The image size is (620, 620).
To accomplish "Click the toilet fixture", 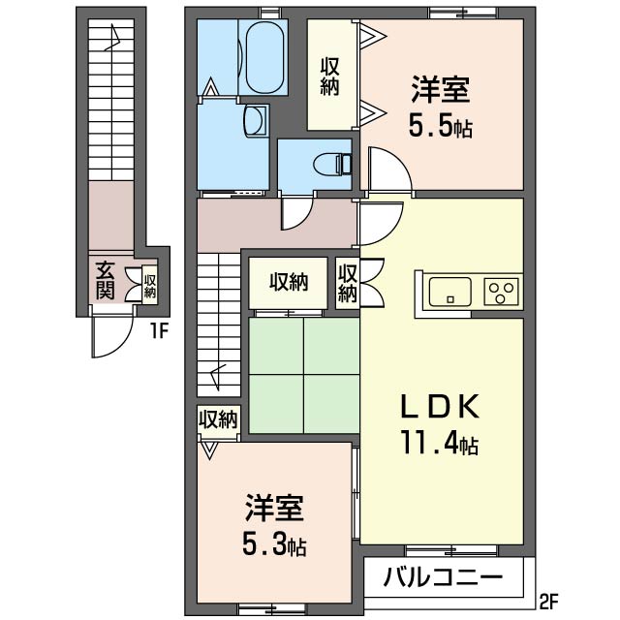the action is [x=332, y=164].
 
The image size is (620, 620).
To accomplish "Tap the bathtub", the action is [x=265, y=56].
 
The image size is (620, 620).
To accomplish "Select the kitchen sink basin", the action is [x=449, y=292].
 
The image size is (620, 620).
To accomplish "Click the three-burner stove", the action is [x=501, y=292].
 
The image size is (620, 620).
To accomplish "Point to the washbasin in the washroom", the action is [x=256, y=120].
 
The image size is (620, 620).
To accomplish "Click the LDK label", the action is [x=441, y=406].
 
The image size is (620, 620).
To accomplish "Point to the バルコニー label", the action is [x=444, y=577].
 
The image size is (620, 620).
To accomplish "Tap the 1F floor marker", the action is [x=159, y=331].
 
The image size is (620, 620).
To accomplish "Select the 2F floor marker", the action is [x=548, y=604].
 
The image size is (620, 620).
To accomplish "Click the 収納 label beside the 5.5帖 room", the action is [x=329, y=77].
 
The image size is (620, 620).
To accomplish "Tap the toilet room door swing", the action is [x=296, y=214].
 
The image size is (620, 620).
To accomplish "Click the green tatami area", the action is [x=303, y=375].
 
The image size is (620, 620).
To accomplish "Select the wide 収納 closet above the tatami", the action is [x=289, y=283].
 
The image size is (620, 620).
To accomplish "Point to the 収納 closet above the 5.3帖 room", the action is [x=218, y=419].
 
